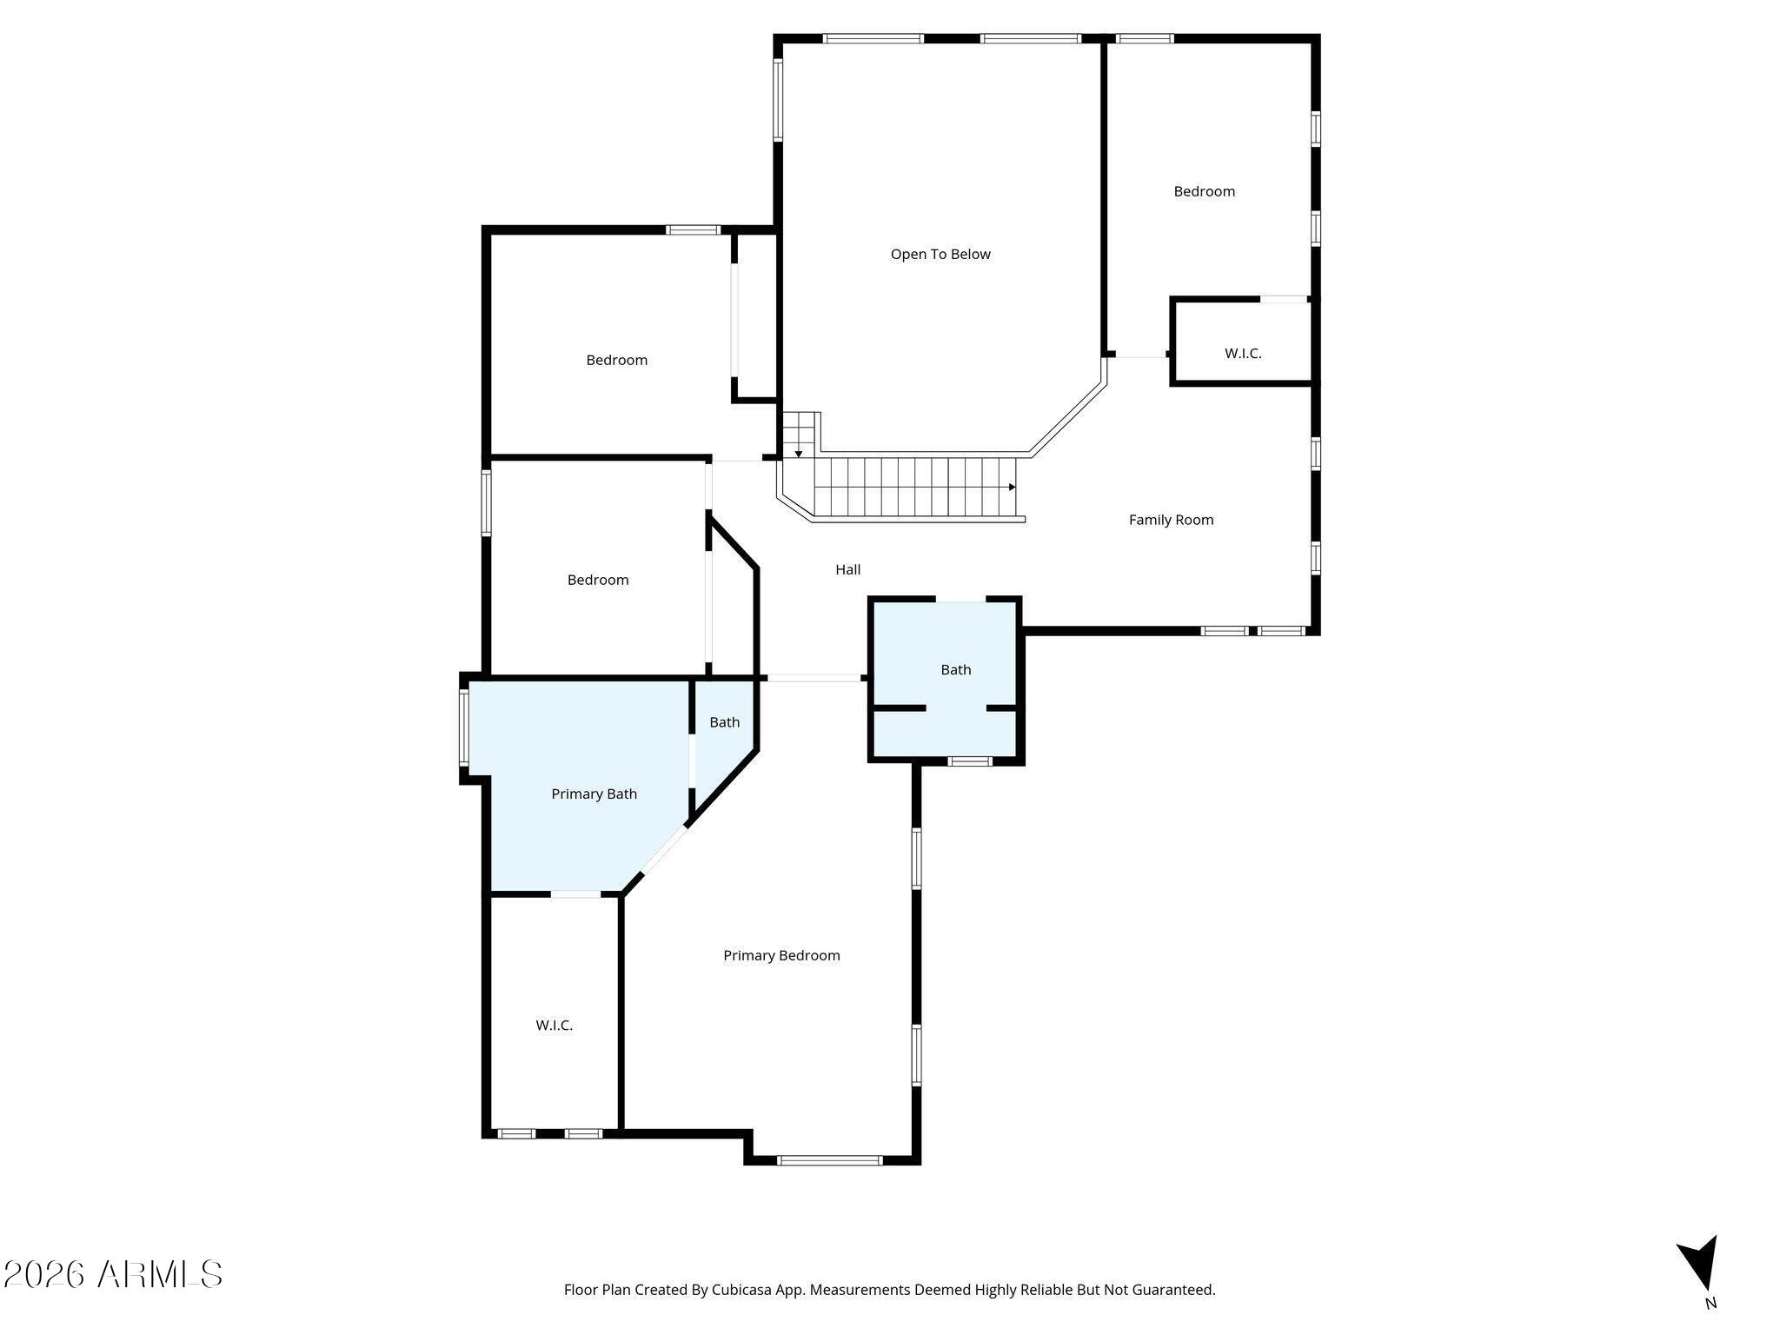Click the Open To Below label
(x=940, y=255)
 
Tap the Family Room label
(x=1171, y=520)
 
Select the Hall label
(x=848, y=569)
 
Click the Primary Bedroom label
(x=781, y=956)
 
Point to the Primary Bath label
(x=594, y=794)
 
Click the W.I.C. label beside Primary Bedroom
(x=555, y=1026)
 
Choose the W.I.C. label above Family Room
(x=1243, y=354)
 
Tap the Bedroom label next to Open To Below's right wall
(x=1204, y=191)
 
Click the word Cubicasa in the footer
(x=740, y=1290)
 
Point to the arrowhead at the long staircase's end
(x=1012, y=488)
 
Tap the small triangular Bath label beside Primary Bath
(x=724, y=722)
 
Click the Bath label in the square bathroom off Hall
(x=955, y=670)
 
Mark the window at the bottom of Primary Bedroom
(x=830, y=1159)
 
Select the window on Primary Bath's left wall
(x=464, y=727)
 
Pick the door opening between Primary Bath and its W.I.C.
(x=575, y=894)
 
